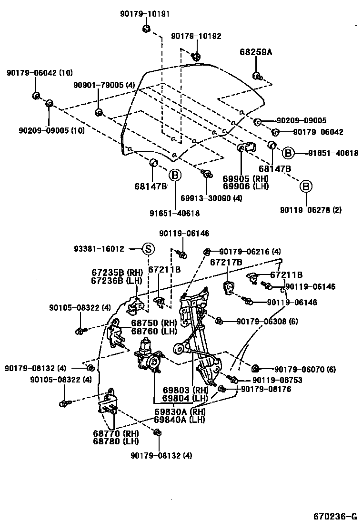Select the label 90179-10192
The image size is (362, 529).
(x=196, y=36)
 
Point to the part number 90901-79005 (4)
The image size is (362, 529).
(x=104, y=85)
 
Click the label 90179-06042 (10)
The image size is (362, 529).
(x=40, y=73)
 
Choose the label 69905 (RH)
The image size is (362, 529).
(x=245, y=178)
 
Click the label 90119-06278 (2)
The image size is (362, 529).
(x=311, y=210)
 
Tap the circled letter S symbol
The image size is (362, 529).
(x=148, y=248)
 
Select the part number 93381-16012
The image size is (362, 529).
(x=99, y=248)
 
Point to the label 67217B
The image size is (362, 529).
(x=227, y=262)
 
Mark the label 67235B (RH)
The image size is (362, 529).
(x=117, y=272)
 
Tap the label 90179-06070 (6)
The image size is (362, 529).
(x=304, y=369)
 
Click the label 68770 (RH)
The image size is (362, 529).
(x=116, y=433)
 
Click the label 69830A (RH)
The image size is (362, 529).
(x=179, y=411)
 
